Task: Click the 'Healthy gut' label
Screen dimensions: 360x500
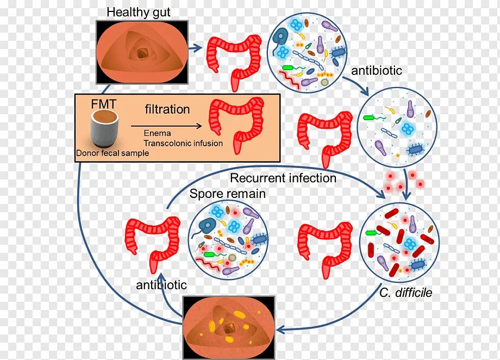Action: [x=139, y=12]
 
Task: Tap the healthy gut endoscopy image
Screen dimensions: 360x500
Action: [x=142, y=52]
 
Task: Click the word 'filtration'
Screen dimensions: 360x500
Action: [x=167, y=109]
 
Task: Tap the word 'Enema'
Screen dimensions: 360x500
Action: [x=158, y=133]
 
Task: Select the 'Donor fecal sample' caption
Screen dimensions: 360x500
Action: [x=112, y=153]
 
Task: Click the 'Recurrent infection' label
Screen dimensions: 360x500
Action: [x=283, y=178]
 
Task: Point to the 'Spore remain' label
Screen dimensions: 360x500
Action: [x=228, y=194]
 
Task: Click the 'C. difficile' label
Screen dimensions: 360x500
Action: [x=406, y=293]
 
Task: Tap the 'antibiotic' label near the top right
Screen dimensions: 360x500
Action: [x=377, y=71]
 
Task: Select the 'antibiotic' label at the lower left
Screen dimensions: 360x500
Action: [x=161, y=285]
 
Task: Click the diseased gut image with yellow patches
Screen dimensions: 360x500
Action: [x=229, y=325]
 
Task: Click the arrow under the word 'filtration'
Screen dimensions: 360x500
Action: [x=166, y=126]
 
